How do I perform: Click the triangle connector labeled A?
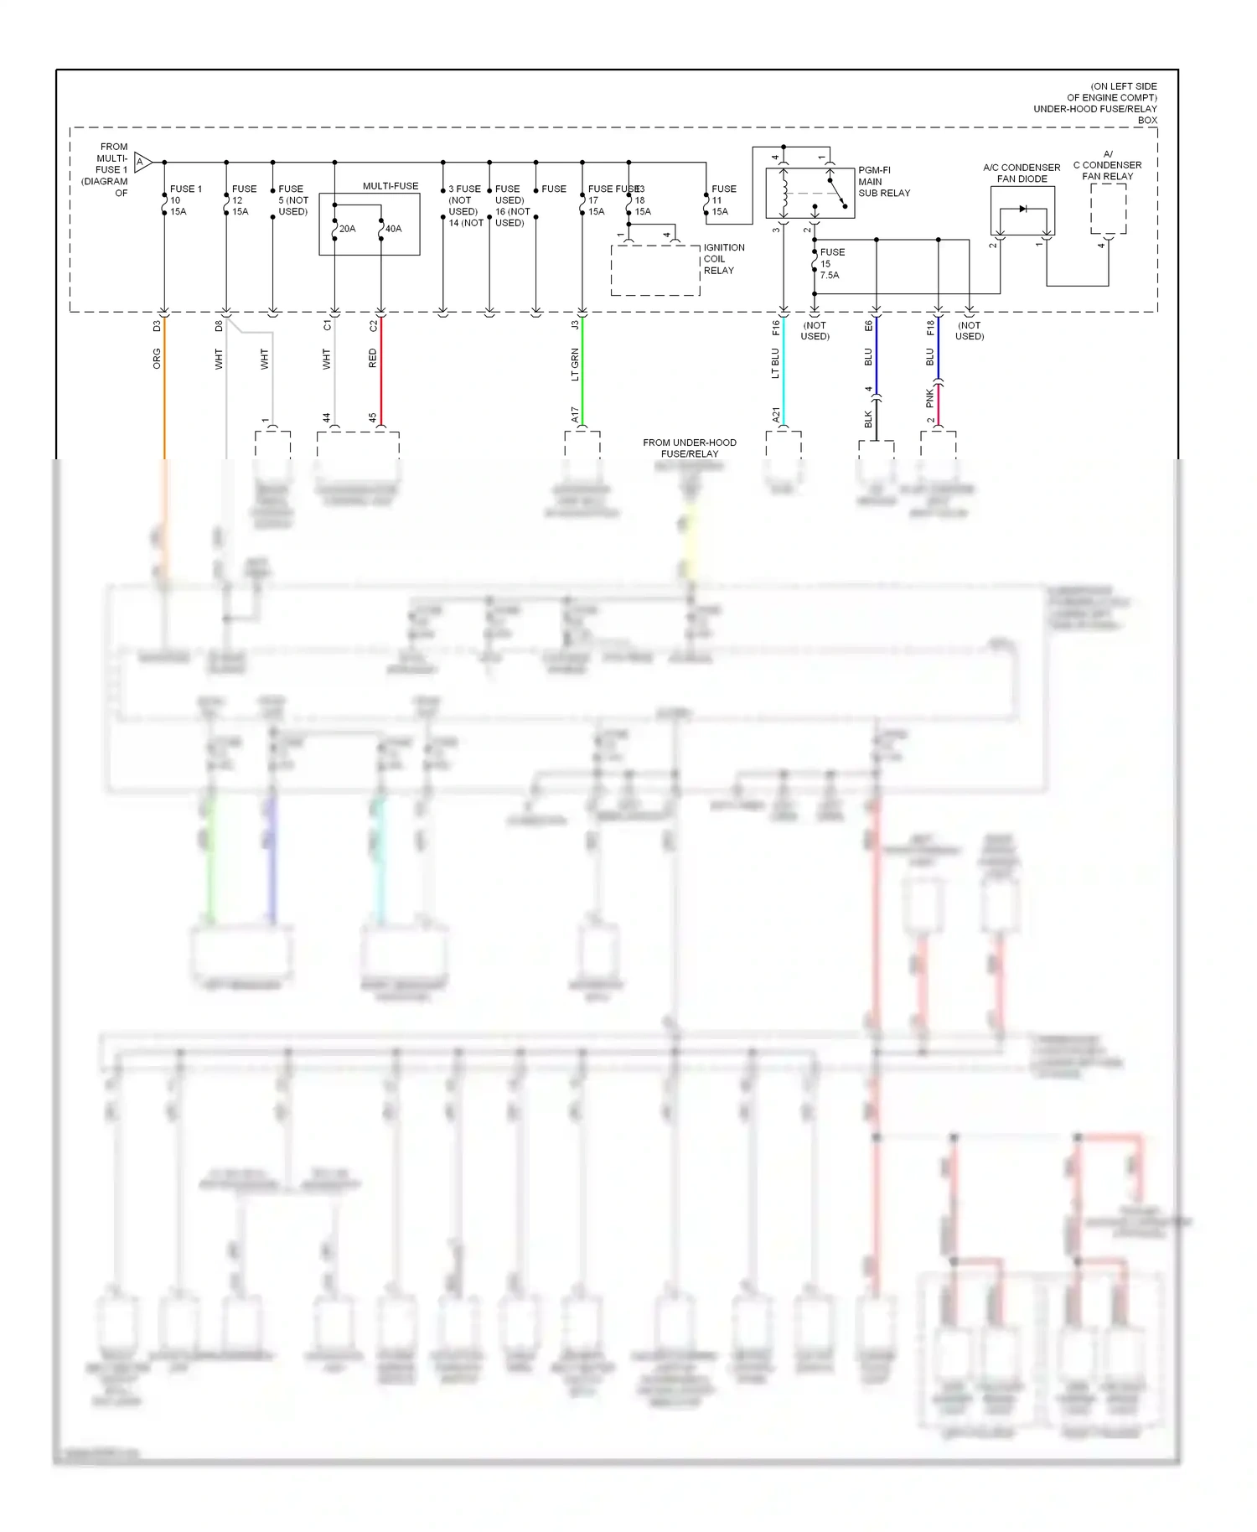click(142, 162)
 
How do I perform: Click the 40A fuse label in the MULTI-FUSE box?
click(394, 229)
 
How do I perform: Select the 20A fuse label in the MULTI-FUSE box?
click(347, 229)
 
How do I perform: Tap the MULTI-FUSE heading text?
click(391, 186)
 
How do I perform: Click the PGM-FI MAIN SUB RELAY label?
click(883, 181)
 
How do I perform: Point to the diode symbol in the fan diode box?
click(1022, 209)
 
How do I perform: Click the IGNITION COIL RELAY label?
click(723, 259)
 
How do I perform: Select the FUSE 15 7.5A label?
click(831, 263)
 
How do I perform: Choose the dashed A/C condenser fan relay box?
click(1108, 209)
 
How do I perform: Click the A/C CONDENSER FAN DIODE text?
click(1022, 173)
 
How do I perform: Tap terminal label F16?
click(776, 328)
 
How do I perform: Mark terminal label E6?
click(869, 325)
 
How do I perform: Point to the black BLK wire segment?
click(877, 419)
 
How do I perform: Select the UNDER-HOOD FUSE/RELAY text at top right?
click(1094, 109)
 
